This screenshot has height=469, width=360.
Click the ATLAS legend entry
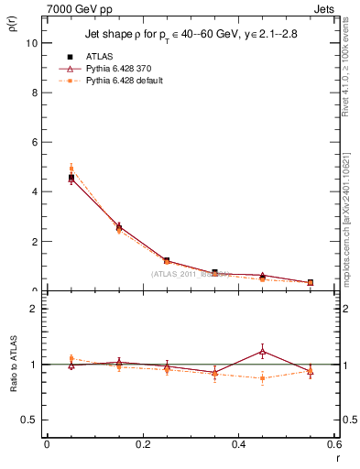tap(99, 57)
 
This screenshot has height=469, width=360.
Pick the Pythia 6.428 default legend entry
tap(125, 81)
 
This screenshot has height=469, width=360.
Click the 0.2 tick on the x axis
tap(142, 444)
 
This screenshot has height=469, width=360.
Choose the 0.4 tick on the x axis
tap(238, 444)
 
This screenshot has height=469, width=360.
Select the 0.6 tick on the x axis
tap(333, 444)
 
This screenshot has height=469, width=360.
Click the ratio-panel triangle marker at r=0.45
tap(262, 351)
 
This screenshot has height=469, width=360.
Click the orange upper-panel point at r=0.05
tap(71, 169)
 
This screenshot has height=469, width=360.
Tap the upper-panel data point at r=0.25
tap(167, 261)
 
